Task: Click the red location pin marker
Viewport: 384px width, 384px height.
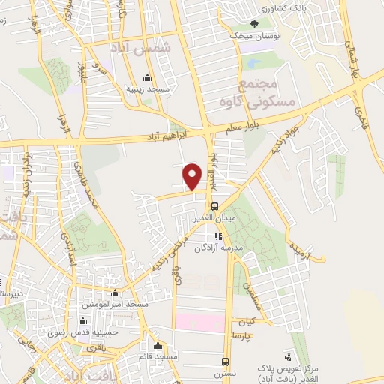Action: click(x=193, y=176)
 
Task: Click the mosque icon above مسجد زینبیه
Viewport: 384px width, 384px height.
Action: click(x=146, y=78)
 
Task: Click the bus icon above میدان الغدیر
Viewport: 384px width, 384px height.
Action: click(x=214, y=205)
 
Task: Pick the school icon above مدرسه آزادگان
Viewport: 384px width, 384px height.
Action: click(x=218, y=236)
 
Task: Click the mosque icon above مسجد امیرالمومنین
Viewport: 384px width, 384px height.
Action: click(x=115, y=294)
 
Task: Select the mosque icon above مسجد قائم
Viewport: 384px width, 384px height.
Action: click(x=157, y=346)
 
